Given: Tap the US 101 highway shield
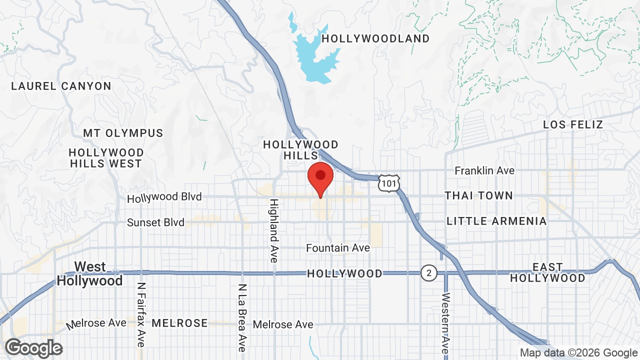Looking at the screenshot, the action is click(388, 183).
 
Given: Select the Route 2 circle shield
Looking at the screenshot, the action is click(428, 273).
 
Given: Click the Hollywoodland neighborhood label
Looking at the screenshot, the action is click(375, 38).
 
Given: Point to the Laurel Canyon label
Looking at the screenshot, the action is click(61, 86).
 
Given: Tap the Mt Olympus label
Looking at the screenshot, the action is click(123, 133).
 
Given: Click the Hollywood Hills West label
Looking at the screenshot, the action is click(106, 158).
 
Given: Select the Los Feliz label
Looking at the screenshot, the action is click(573, 124).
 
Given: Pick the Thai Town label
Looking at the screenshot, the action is click(479, 195).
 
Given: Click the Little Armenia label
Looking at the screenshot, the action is click(496, 221).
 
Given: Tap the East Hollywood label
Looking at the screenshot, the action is click(547, 272).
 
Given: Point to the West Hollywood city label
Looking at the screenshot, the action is click(89, 273).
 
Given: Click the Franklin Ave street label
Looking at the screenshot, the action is click(484, 171).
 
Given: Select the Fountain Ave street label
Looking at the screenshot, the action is click(338, 248).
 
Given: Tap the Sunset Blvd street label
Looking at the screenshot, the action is click(155, 222).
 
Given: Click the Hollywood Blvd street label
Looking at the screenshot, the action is click(164, 197).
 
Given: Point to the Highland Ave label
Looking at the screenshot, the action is click(274, 230).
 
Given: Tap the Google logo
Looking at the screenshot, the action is click(33, 348).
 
